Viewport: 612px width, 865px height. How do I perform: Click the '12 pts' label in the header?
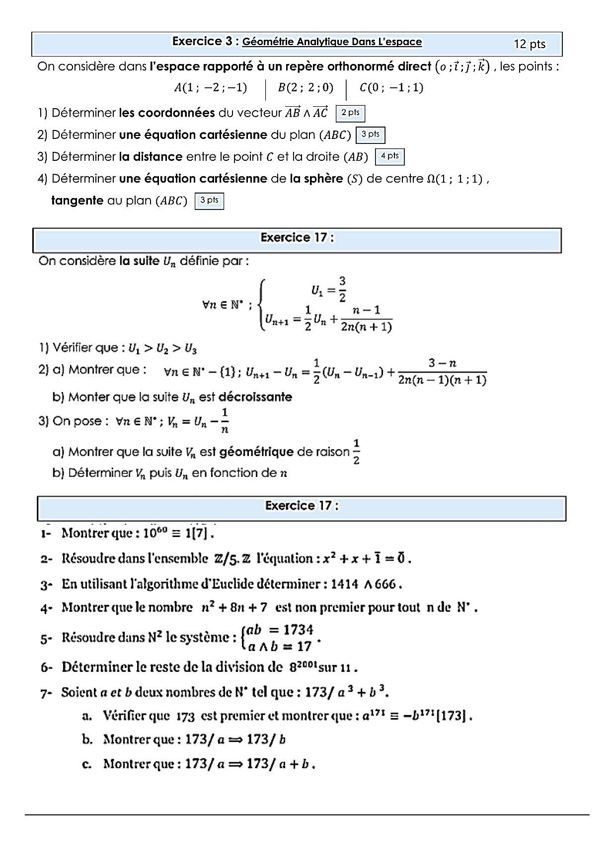(530, 44)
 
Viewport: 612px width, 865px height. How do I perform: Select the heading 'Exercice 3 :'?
(205, 42)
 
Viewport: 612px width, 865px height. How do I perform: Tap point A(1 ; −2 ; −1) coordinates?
(211, 88)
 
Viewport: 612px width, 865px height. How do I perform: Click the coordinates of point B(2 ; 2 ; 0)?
(306, 88)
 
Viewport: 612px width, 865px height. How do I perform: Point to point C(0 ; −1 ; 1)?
(391, 88)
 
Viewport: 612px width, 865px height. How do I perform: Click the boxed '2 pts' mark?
(350, 113)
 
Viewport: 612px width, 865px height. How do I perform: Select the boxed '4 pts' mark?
(389, 156)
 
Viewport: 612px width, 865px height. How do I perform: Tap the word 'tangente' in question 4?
(77, 200)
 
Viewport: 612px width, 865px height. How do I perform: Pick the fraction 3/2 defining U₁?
(342, 289)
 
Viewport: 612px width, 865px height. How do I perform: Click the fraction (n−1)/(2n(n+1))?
(366, 319)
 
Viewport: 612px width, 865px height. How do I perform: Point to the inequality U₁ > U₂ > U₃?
(162, 349)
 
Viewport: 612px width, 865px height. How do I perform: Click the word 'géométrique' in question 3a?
(256, 452)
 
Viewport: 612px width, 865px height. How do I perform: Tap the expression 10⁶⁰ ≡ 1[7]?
(179, 533)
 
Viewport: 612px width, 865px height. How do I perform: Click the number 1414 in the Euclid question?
(344, 584)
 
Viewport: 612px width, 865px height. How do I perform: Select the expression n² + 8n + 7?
(234, 607)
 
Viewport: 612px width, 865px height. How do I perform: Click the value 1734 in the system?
(299, 630)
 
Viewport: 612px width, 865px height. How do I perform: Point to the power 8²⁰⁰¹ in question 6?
(303, 666)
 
